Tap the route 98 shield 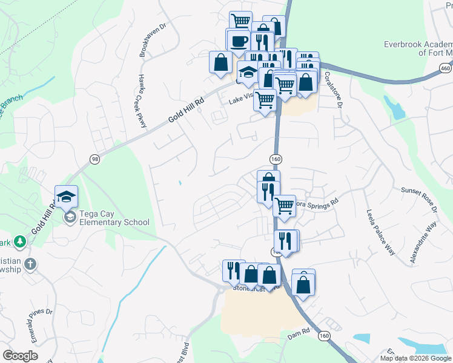[x=94, y=159]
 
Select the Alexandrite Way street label [x=423, y=243]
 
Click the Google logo [x=21, y=355]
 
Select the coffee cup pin [x=237, y=41]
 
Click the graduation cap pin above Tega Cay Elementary [x=66, y=196]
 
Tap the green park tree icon [x=20, y=241]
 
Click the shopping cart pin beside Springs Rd [x=284, y=206]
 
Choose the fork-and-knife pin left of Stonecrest [x=234, y=270]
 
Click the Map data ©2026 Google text [x=416, y=358]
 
